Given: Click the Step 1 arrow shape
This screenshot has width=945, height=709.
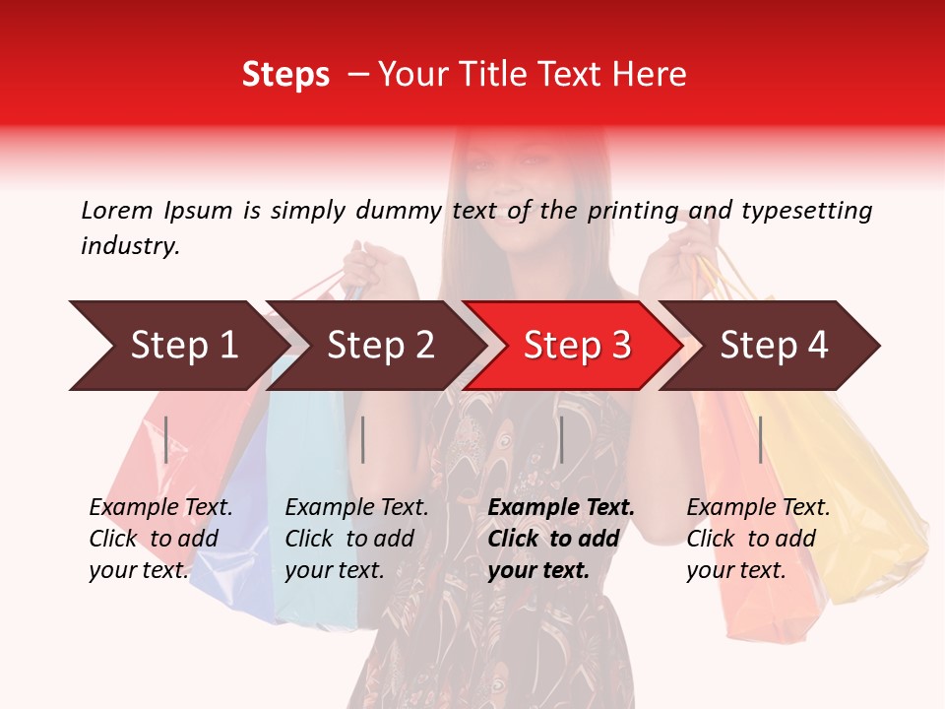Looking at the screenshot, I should tap(183, 346).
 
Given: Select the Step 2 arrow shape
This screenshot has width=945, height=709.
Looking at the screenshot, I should tap(380, 346).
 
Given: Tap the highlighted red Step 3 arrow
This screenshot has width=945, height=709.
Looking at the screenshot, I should tap(577, 346).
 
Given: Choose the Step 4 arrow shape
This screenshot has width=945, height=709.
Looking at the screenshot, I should tap(774, 346).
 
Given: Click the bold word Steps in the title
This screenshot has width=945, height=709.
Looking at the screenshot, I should tap(285, 74).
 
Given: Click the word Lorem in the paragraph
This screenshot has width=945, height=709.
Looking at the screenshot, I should tap(116, 210).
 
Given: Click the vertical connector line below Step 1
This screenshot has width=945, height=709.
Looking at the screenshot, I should tap(166, 439).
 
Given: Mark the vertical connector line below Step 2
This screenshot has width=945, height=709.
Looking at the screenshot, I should tap(363, 439).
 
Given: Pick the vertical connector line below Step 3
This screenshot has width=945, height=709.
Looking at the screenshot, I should tap(561, 439).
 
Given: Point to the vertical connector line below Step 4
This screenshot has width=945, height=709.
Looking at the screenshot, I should tap(760, 439).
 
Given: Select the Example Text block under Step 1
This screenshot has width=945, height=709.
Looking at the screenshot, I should tap(160, 539).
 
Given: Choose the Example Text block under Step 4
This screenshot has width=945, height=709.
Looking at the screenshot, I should tap(758, 539).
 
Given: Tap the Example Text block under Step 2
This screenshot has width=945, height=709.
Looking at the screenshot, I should tap(356, 539).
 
